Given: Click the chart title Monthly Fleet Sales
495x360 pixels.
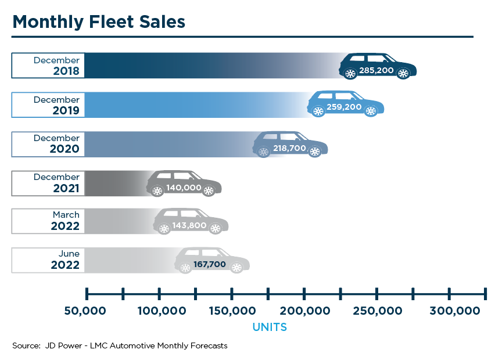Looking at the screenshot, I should coord(99,21).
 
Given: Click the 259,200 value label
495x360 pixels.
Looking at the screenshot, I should coord(345,107).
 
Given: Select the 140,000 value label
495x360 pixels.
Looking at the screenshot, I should coord(184,188).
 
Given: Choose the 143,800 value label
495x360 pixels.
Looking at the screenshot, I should coord(190,225).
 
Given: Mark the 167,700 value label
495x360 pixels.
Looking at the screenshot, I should coord(211,264).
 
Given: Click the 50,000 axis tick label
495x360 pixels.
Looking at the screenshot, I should coord(85,311).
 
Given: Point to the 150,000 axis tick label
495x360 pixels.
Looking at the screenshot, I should coord(231,311).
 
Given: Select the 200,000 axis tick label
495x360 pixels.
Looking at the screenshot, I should coord(304,311).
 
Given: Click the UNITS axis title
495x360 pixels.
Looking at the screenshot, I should coord(270,327).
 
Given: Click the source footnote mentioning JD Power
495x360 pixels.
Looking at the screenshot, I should coord(120,345).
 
